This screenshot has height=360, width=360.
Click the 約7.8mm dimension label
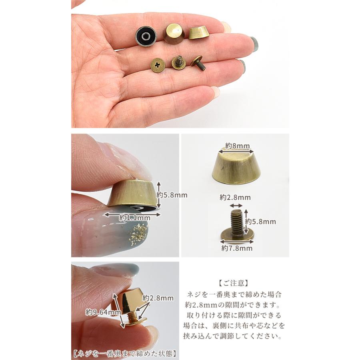pyautogui.click(x=237, y=248)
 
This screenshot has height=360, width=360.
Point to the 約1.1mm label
pyautogui.click(x=134, y=218)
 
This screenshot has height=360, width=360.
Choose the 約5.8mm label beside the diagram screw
pyautogui.click(x=260, y=221)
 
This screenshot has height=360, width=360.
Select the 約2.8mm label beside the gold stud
pyautogui.click(x=158, y=298)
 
